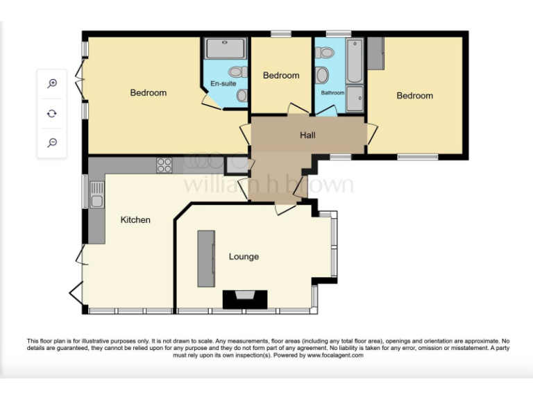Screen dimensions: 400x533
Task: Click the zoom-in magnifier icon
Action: click(x=52, y=83)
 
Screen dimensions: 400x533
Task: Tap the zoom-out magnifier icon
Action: click(x=52, y=143)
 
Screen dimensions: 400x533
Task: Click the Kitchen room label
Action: click(x=135, y=220)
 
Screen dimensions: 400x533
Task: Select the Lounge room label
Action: click(x=244, y=257)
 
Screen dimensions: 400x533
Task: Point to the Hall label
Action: click(x=307, y=135)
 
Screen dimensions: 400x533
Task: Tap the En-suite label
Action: click(x=223, y=83)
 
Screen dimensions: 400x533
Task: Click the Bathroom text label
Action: click(x=332, y=93)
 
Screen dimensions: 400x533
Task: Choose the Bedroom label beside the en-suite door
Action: click(x=149, y=93)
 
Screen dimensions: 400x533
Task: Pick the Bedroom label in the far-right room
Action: click(x=414, y=96)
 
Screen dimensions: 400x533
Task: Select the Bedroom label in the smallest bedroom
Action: click(x=281, y=76)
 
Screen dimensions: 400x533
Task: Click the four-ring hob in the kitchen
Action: click(x=164, y=165)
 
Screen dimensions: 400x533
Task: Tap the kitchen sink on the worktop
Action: click(x=96, y=194)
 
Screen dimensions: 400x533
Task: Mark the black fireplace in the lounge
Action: click(x=244, y=299)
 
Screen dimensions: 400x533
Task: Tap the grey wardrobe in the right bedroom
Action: click(x=375, y=52)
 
